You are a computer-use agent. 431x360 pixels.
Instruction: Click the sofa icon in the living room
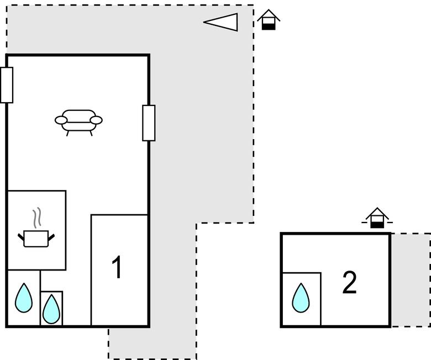[78, 120]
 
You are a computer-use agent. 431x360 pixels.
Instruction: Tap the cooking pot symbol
[36, 238]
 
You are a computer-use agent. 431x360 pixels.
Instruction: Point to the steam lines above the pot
[36, 218]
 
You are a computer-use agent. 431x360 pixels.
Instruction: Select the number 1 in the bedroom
[117, 268]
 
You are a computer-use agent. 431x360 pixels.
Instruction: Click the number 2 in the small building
[349, 282]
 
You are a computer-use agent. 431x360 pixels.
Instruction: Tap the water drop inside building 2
[301, 298]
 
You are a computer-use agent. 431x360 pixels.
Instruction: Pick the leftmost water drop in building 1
[24, 298]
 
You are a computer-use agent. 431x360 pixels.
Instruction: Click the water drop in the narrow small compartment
[51, 309]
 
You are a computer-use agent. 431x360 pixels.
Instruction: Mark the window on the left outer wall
[7, 85]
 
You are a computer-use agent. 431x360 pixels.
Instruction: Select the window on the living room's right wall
[149, 123]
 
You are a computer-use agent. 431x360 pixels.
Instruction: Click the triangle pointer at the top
[223, 22]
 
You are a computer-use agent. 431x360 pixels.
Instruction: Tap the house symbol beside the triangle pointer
[269, 19]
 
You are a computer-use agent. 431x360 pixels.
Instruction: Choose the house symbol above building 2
[377, 218]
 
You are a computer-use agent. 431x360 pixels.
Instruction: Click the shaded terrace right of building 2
[411, 279]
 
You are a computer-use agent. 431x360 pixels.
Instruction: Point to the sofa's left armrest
[61, 120]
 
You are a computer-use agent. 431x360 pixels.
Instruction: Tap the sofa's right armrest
[96, 120]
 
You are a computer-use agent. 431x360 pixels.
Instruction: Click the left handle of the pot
[22, 237]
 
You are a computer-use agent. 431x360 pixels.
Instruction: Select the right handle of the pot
[51, 237]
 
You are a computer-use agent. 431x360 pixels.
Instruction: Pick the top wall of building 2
[335, 234]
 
